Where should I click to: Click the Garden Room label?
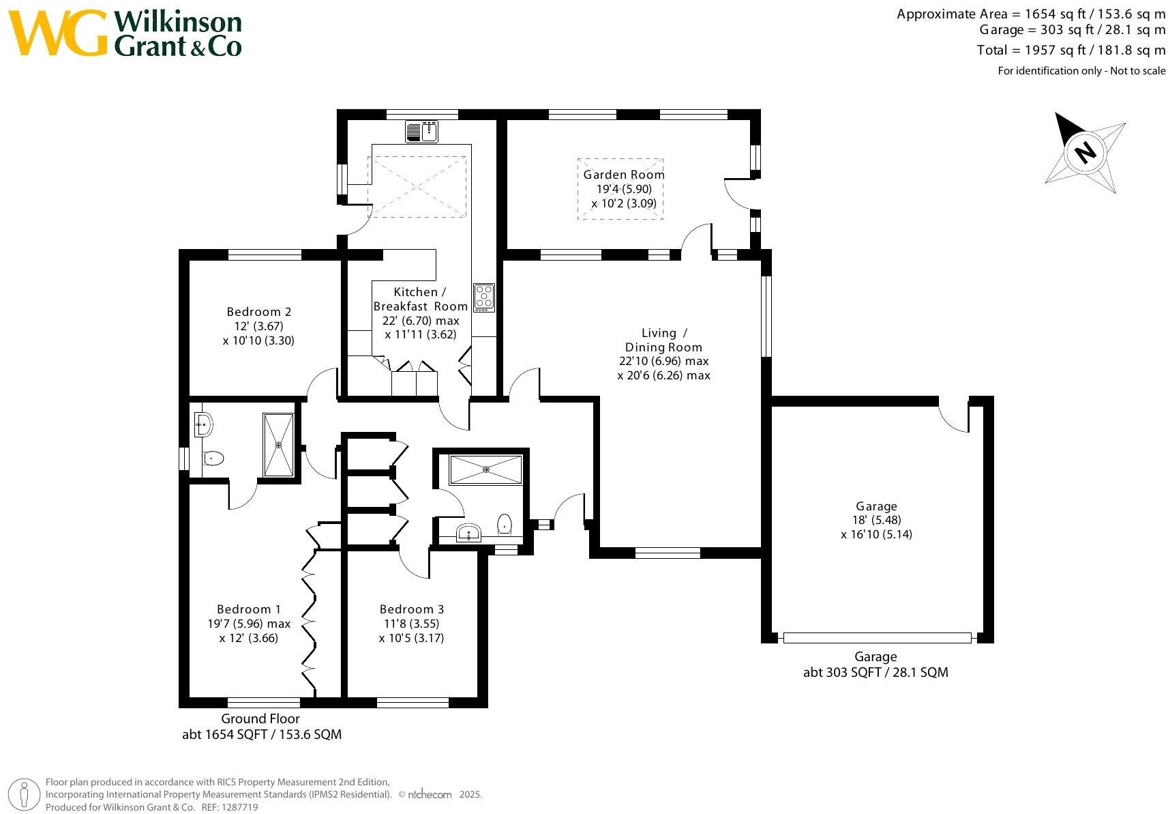[x=624, y=174]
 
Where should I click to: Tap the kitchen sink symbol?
[x=421, y=132]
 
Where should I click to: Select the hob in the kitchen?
[x=484, y=298]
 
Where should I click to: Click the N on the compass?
[x=1085, y=152]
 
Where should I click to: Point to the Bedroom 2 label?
[x=259, y=312]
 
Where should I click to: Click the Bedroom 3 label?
[x=412, y=609]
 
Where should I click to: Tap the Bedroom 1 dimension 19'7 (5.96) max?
[x=249, y=624]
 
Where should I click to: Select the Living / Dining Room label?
[x=664, y=340]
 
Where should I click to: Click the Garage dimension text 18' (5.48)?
[x=876, y=520]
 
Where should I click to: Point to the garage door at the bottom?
[x=877, y=638]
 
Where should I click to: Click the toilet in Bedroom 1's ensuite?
[x=213, y=458]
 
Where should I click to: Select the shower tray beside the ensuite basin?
[x=278, y=445]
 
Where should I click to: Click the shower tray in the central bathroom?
[x=485, y=469]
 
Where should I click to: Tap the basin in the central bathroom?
[x=468, y=534]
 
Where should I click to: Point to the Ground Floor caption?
[x=260, y=718]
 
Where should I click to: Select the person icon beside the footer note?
[x=24, y=795]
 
